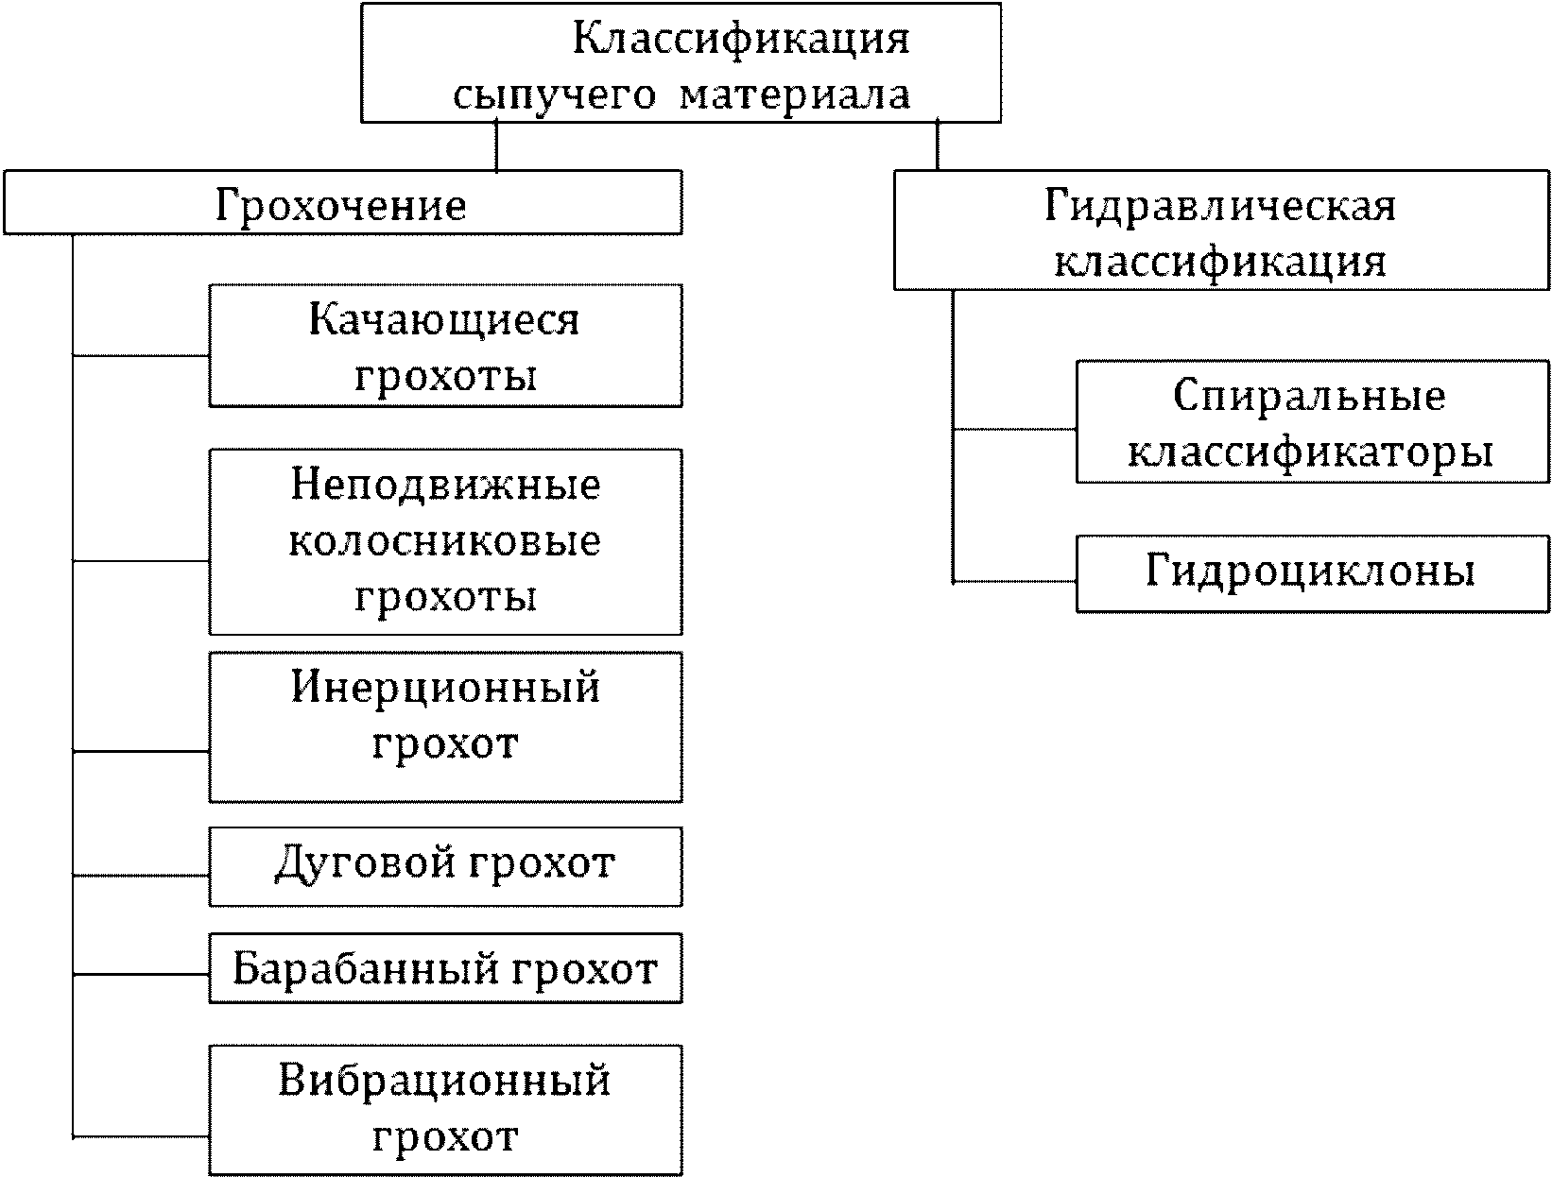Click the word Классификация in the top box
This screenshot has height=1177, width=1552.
pos(741,39)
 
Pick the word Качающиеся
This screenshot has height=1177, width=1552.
pos(444,320)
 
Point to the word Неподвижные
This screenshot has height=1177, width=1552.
pos(445,486)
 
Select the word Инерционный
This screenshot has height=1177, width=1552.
pos(445,687)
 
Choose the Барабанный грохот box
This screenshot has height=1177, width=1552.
pos(445,969)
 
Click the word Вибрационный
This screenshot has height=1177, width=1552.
pos(445,1080)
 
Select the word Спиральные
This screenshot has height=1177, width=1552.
pos(1310,396)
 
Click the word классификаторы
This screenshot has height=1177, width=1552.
pos(1311,452)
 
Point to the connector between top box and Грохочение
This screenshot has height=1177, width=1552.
pos(496,146)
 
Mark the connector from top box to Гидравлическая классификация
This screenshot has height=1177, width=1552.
pos(937,145)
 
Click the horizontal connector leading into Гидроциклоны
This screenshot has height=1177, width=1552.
pos(1014,582)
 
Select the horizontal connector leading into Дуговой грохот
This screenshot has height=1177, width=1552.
pos(141,875)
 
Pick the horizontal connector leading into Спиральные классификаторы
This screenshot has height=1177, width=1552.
pos(1014,429)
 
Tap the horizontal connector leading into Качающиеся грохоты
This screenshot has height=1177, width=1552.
pos(141,356)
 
